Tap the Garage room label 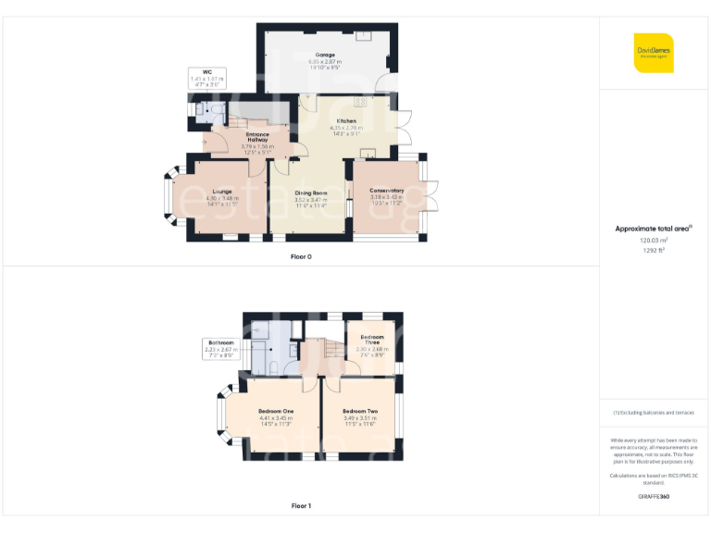point(324,55)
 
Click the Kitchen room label point(346,121)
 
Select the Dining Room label point(311,192)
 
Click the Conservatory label point(387,191)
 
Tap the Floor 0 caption point(301,256)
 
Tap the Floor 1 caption point(301,506)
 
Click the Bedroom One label point(276,411)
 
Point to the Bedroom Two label point(360,411)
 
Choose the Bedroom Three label point(371,339)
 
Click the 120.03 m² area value point(654,240)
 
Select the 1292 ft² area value point(654,249)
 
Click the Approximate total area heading point(654,228)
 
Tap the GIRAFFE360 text point(654,498)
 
